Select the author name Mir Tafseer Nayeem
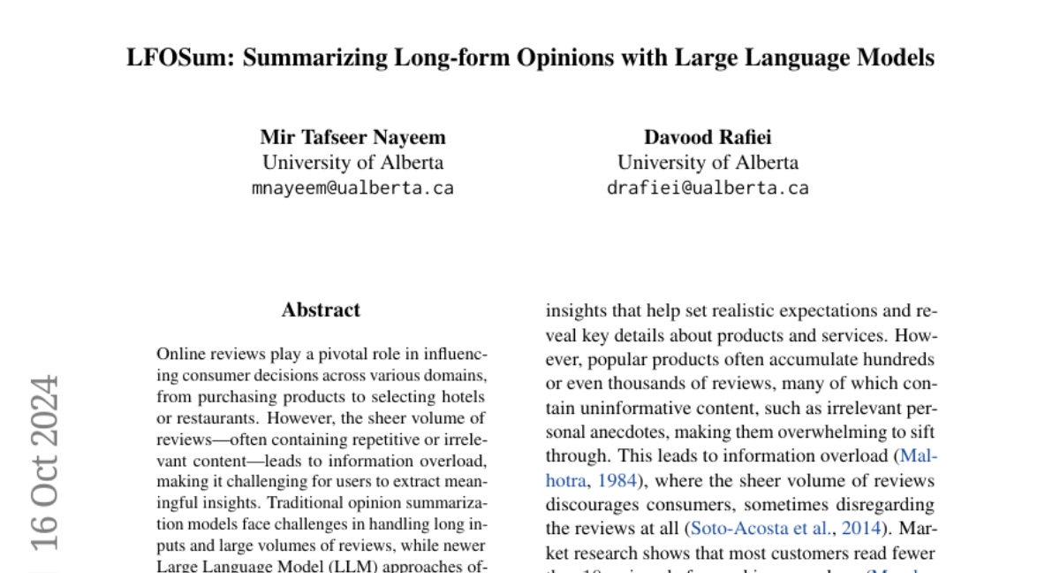pos(352,137)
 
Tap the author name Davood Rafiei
pos(708,137)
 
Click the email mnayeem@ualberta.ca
pos(352,187)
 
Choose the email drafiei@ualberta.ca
pos(708,187)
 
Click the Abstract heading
pos(321,310)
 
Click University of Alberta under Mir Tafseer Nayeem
pos(352,163)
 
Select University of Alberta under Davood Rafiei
pos(708,163)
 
